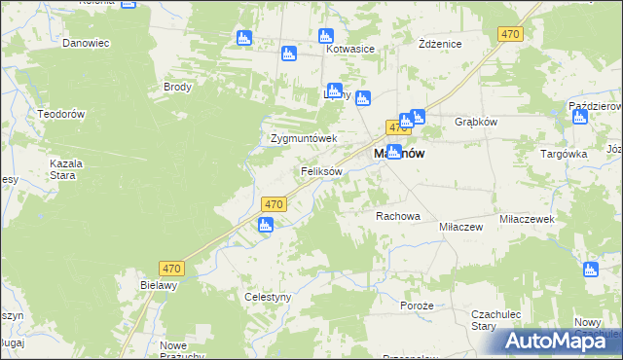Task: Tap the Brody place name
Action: tap(178, 87)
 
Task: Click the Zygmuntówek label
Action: tap(304, 138)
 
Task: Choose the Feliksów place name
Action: tap(321, 171)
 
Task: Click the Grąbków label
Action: tap(477, 123)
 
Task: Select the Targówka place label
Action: tap(563, 154)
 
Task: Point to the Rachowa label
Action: tap(397, 216)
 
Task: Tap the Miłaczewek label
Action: tap(527, 220)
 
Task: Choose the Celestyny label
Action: tap(268, 297)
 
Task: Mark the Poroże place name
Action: tap(416, 305)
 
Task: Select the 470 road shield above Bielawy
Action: tap(172, 268)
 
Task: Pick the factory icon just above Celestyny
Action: tap(266, 226)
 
